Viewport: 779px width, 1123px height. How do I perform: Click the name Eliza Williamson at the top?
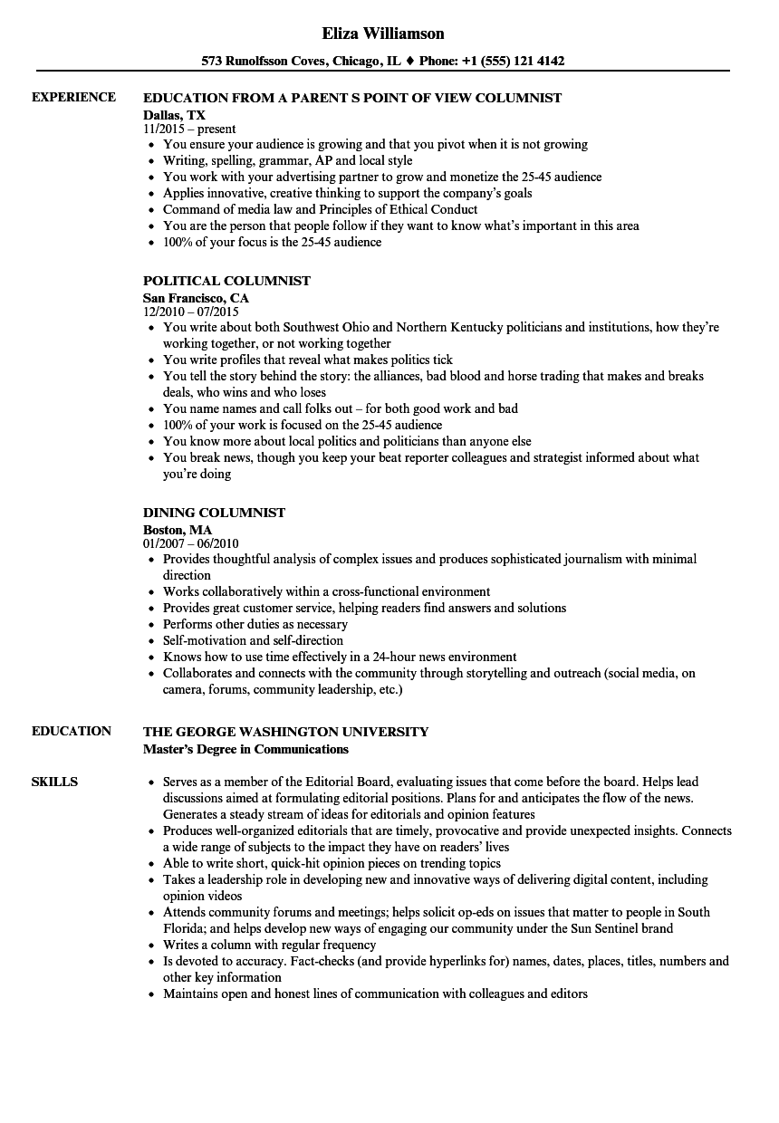383,34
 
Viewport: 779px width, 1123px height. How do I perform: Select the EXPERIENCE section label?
73,97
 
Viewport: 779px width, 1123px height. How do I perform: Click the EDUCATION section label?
72,731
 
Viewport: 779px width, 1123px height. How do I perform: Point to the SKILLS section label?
54,782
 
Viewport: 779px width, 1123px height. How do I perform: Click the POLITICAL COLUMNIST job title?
226,281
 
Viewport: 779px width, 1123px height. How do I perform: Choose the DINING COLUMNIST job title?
214,513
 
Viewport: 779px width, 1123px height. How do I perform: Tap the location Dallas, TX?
174,115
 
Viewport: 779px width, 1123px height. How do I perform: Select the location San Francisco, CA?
196,298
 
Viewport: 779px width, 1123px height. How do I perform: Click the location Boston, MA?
178,530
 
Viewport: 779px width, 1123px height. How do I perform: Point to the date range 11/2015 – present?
189,130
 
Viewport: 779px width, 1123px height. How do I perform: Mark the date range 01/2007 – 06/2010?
190,544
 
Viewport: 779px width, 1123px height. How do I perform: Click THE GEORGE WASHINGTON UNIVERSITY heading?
285,732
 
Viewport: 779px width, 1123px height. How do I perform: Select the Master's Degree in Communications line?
245,749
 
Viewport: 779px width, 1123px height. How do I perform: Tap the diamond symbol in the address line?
409,62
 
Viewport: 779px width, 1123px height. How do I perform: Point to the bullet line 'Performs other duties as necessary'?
255,624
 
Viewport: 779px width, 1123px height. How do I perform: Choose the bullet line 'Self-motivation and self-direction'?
254,640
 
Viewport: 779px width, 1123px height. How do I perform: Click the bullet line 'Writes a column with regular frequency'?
270,945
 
